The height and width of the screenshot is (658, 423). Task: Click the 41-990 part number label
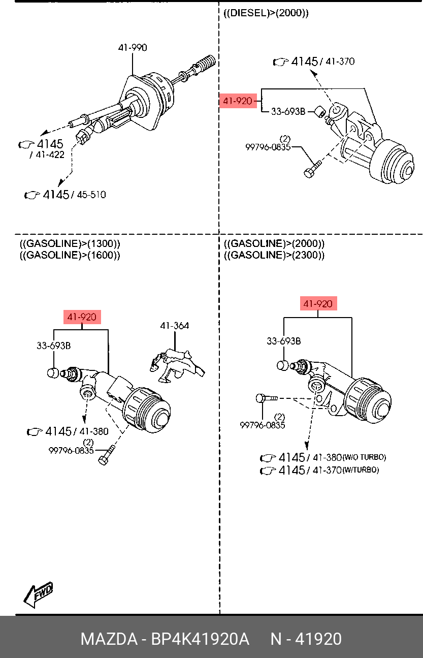[133, 48]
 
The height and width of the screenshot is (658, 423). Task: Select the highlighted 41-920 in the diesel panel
[238, 101]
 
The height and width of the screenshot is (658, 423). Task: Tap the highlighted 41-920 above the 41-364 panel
[82, 317]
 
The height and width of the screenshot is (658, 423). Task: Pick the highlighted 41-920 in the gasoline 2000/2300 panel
[318, 304]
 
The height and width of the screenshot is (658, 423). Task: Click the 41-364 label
[174, 326]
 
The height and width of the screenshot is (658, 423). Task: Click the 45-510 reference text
[91, 195]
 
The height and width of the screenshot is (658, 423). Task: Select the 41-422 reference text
[49, 155]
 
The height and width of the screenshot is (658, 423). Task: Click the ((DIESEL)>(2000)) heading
[266, 14]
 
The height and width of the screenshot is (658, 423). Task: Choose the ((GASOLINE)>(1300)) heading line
[70, 243]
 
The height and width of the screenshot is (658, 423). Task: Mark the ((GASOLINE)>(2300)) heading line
[274, 255]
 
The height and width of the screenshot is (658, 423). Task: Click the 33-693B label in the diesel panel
[288, 111]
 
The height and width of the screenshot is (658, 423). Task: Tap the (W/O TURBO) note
[364, 457]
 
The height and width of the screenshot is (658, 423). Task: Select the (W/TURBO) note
[361, 471]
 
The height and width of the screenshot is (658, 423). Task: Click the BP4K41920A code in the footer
[200, 639]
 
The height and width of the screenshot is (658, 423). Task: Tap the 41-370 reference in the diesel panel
[340, 61]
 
